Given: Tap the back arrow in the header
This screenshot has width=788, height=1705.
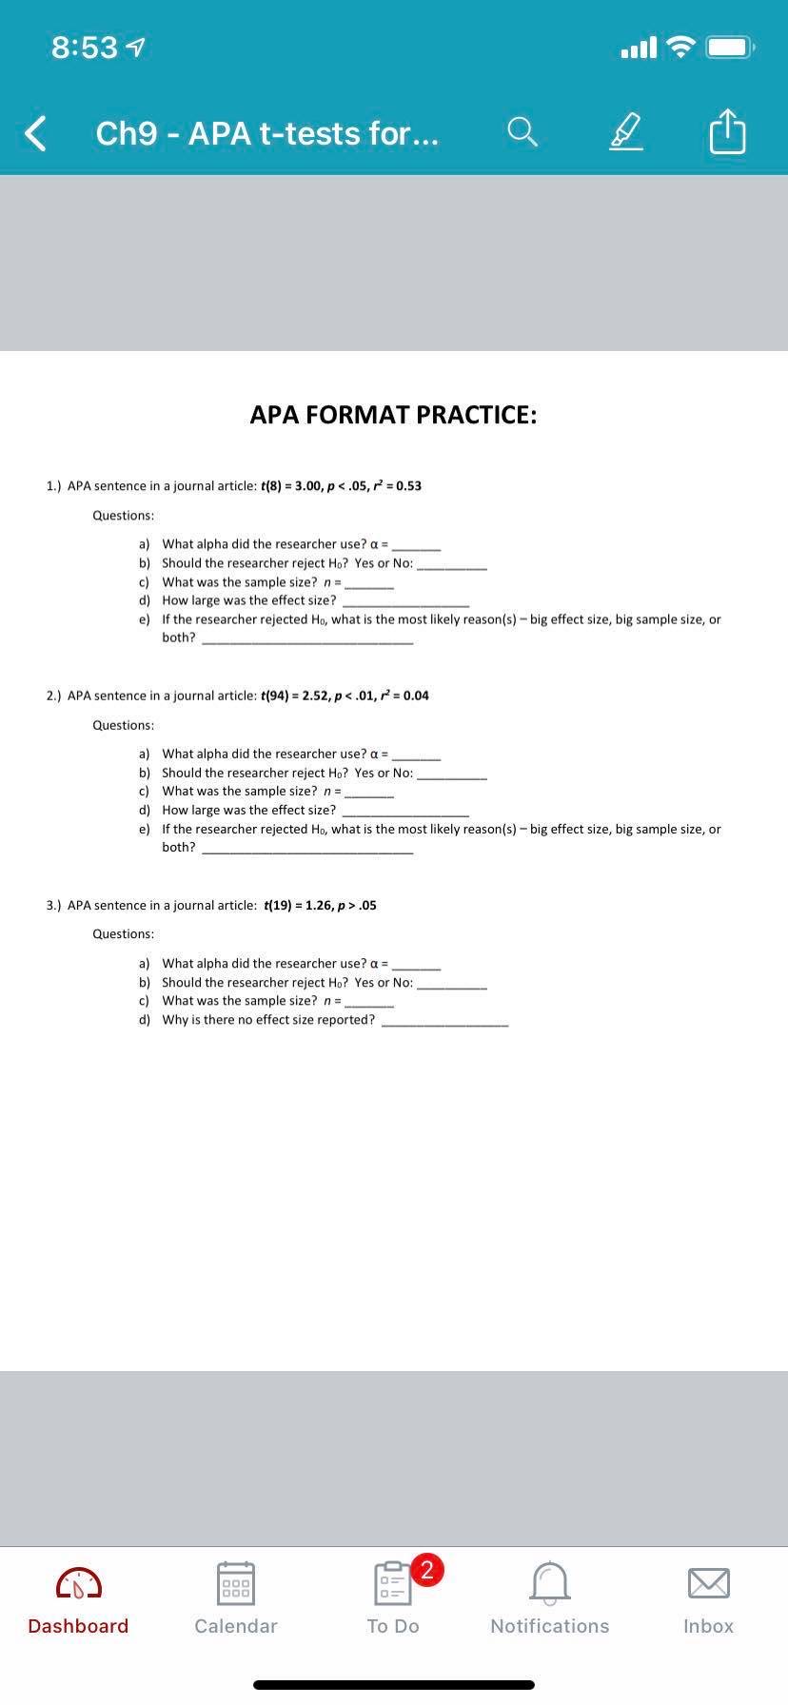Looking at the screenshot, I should point(35,133).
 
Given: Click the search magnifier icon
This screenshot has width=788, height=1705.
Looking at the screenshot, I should point(522,133).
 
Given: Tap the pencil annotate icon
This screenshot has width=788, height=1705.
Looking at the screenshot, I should point(625,133).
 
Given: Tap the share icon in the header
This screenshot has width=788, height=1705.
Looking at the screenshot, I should point(727,132).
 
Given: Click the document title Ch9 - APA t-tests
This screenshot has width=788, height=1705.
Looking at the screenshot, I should point(267,133).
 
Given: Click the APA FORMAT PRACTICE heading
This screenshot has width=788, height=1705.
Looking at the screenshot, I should point(393,415).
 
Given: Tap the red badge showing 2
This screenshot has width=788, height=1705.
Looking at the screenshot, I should point(427,1569).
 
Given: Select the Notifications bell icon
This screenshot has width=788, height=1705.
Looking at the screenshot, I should point(549,1583).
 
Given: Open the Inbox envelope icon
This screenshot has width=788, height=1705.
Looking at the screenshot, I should point(709,1583).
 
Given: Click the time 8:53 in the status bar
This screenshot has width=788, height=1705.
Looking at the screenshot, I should point(85,48).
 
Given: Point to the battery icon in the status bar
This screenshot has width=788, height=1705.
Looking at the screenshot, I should point(731,47).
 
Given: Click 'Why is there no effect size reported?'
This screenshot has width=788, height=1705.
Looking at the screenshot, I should point(268,1020).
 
